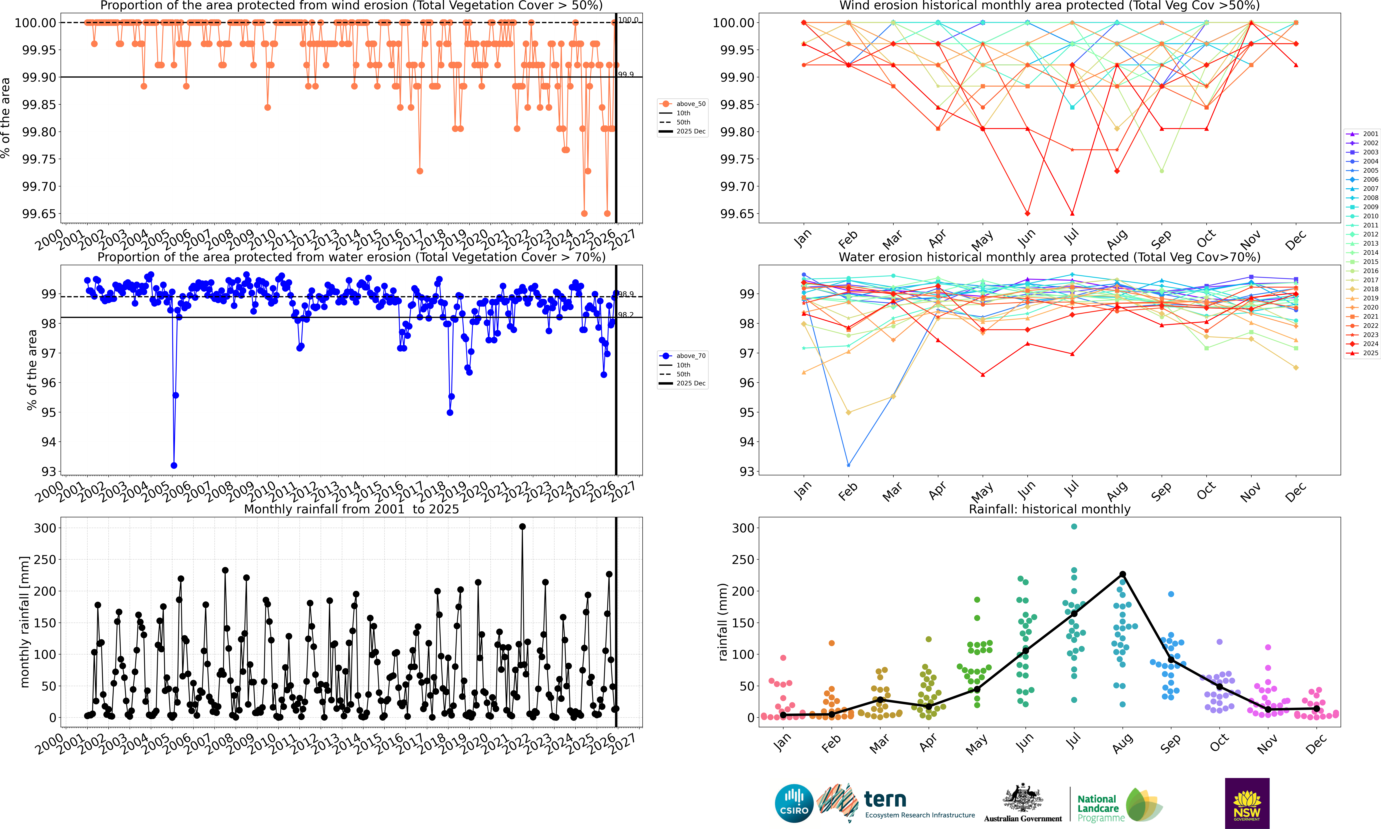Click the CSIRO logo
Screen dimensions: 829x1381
coord(794,804)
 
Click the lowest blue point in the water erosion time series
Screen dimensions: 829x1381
coord(174,465)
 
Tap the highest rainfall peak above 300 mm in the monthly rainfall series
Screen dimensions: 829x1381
coord(522,526)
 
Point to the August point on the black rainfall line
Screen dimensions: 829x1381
coord(1122,574)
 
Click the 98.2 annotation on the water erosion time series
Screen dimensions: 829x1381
coord(626,315)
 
